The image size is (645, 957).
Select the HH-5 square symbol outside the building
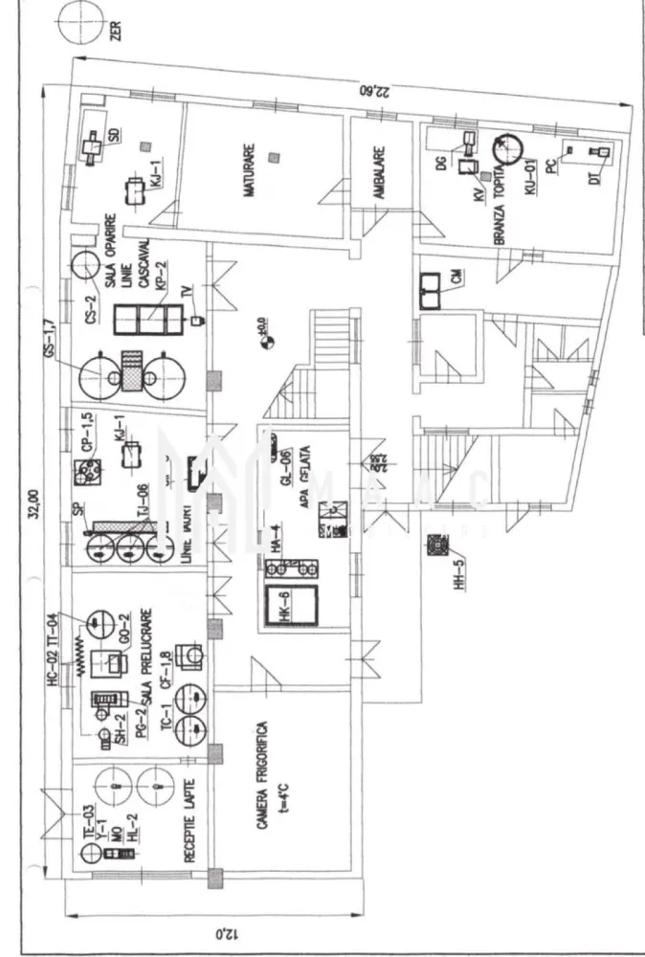438,545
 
